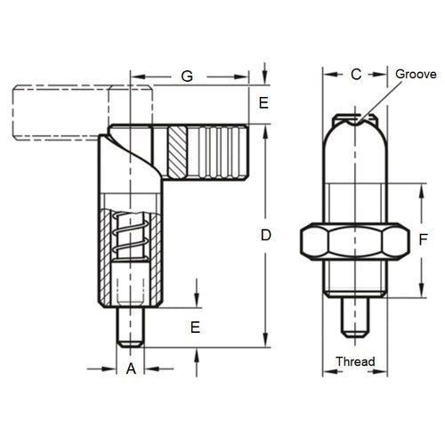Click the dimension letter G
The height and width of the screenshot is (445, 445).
click(186, 77)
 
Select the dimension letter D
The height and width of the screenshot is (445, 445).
click(264, 235)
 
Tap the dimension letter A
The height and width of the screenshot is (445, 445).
click(131, 368)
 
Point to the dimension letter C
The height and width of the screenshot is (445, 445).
click(355, 76)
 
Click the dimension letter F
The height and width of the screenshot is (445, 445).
click(422, 239)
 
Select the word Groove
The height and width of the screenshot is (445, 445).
click(416, 75)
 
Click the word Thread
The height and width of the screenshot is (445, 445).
click(355, 361)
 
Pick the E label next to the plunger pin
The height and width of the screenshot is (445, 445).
click(195, 327)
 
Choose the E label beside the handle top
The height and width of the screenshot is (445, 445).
click(263, 103)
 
